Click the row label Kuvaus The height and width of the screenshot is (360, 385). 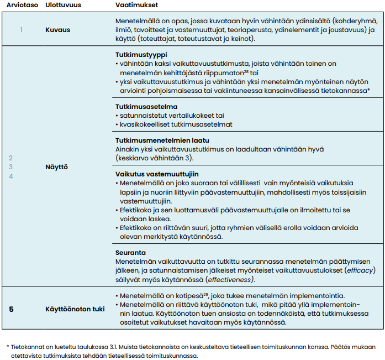click(x=57, y=30)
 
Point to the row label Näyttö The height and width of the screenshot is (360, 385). click(x=57, y=166)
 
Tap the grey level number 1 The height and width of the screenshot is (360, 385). click(x=22, y=30)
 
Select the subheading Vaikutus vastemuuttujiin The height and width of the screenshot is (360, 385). click(x=151, y=174)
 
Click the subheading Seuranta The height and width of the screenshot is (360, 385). click(x=130, y=252)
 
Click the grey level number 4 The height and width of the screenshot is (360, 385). click(x=10, y=176)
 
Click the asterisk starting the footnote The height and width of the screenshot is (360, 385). click(x=8, y=347)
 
